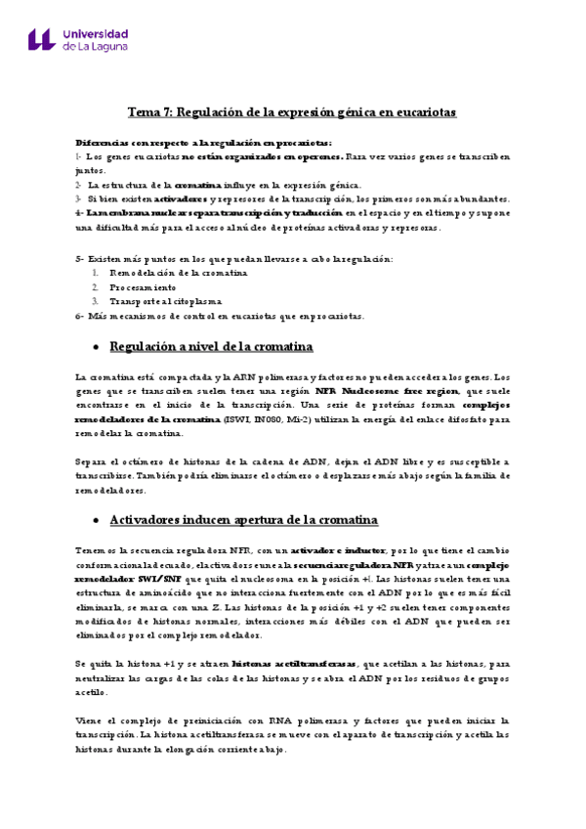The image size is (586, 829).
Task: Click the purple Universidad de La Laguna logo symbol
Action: tap(41, 38)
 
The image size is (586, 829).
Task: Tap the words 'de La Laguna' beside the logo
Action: tap(96, 46)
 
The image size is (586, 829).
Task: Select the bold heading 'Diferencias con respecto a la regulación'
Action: tap(190, 142)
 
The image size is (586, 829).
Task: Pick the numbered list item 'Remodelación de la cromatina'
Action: tap(178, 273)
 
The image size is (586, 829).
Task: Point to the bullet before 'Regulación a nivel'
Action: tap(95, 347)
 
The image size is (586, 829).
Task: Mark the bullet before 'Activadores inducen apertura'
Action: tap(95, 520)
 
